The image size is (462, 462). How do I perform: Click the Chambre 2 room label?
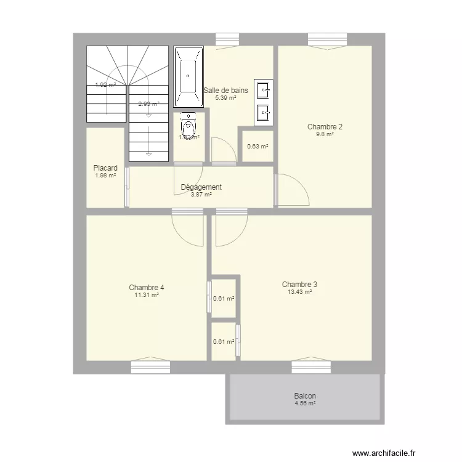[x=325, y=127]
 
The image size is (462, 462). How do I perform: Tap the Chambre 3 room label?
[x=299, y=285]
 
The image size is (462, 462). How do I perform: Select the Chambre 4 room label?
[x=147, y=287]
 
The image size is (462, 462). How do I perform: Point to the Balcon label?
[x=305, y=396]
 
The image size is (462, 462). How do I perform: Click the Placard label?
[x=105, y=168]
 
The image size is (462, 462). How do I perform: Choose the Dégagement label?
[x=201, y=187]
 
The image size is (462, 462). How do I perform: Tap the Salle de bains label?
[x=225, y=90]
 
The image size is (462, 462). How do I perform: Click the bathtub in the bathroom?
[x=187, y=75]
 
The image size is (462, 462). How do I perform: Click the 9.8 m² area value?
[x=325, y=134]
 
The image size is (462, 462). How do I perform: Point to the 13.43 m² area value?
[x=299, y=292]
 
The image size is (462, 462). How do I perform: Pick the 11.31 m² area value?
[x=147, y=295]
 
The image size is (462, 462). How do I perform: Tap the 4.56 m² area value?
[x=305, y=403]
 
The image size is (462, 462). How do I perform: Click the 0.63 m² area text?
[x=257, y=147]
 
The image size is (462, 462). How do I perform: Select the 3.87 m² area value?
[x=201, y=195]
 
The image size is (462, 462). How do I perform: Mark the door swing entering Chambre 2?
[x=291, y=190]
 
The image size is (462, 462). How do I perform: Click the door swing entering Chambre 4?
[x=187, y=227]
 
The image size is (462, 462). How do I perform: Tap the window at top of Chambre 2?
[x=327, y=40]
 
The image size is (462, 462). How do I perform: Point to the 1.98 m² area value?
[x=105, y=176]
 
